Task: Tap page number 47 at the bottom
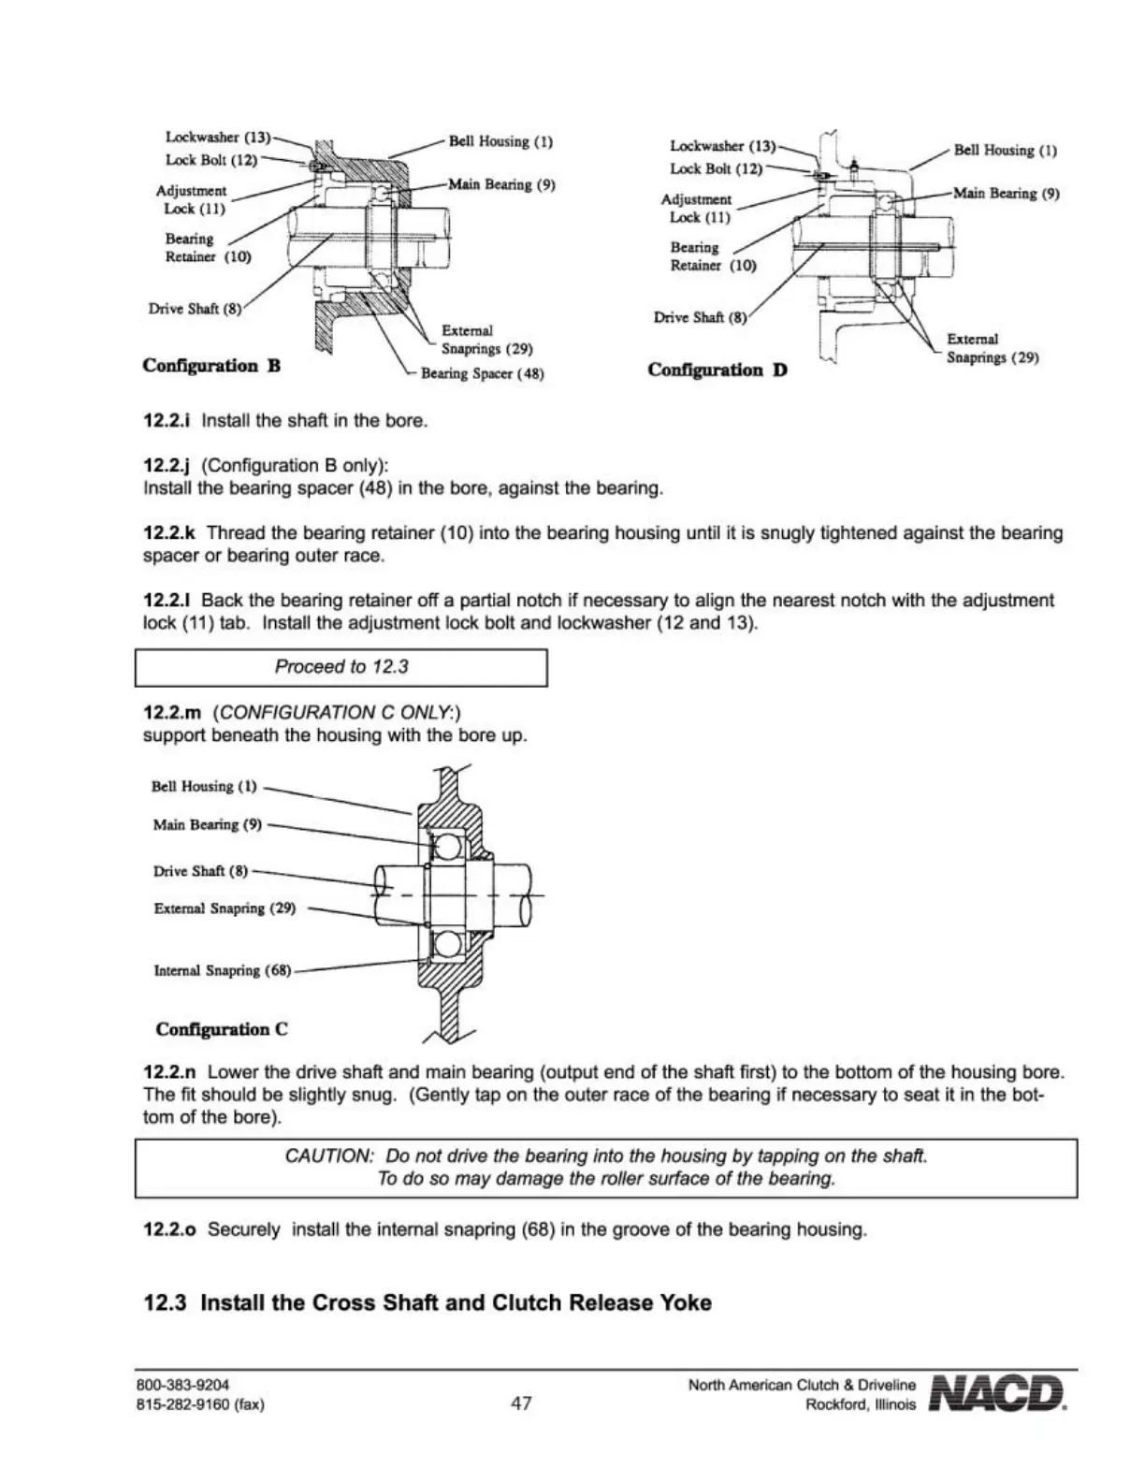[x=521, y=1402]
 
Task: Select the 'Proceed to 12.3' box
[x=341, y=667]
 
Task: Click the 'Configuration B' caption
[x=211, y=366]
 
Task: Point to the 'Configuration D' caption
[x=717, y=370]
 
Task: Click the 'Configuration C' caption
[x=222, y=1029]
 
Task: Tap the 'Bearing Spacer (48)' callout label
[x=482, y=374]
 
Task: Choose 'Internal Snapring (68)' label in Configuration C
[x=223, y=970]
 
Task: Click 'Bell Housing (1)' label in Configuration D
[x=1005, y=150]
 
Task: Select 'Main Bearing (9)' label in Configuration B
[x=502, y=184]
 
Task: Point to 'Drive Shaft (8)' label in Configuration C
[x=200, y=871]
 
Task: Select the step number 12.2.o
[x=170, y=1229]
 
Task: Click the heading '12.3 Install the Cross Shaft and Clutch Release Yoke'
[x=427, y=1302]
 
